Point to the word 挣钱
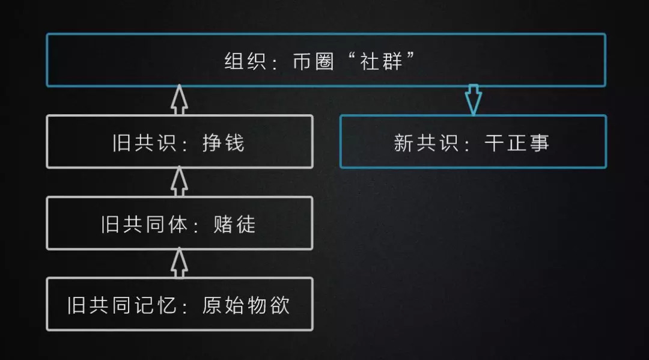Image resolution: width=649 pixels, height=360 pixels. click(224, 143)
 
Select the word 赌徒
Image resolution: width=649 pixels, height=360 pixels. click(234, 224)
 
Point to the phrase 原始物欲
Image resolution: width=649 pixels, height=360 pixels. click(246, 305)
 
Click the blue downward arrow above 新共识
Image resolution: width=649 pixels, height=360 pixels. click(474, 100)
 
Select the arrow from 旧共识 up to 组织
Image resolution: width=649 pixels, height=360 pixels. click(179, 100)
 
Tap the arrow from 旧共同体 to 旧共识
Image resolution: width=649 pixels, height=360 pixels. click(179, 182)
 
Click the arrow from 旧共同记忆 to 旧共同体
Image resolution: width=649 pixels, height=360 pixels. click(179, 263)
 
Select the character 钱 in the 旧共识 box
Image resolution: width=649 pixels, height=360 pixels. click(234, 143)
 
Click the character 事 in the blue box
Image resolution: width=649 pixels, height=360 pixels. click(539, 143)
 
